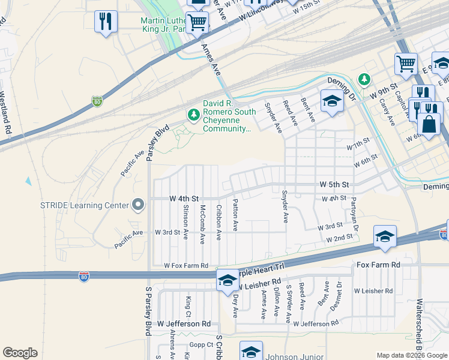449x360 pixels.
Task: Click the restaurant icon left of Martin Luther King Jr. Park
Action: [106, 22]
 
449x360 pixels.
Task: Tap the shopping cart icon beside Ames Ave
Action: [197, 23]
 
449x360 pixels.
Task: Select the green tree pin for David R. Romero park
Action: [193, 114]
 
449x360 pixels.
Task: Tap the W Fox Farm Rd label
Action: [186, 265]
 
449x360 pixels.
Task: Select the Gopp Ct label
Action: [201, 344]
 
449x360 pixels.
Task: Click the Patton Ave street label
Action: [235, 215]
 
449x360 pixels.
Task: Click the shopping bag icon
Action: [430, 124]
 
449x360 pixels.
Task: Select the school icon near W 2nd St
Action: [384, 236]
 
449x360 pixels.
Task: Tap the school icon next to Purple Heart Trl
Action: [228, 280]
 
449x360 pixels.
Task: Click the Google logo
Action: [20, 353]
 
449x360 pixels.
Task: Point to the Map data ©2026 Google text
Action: [412, 355]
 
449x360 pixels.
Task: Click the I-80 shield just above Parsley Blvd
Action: [97, 101]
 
